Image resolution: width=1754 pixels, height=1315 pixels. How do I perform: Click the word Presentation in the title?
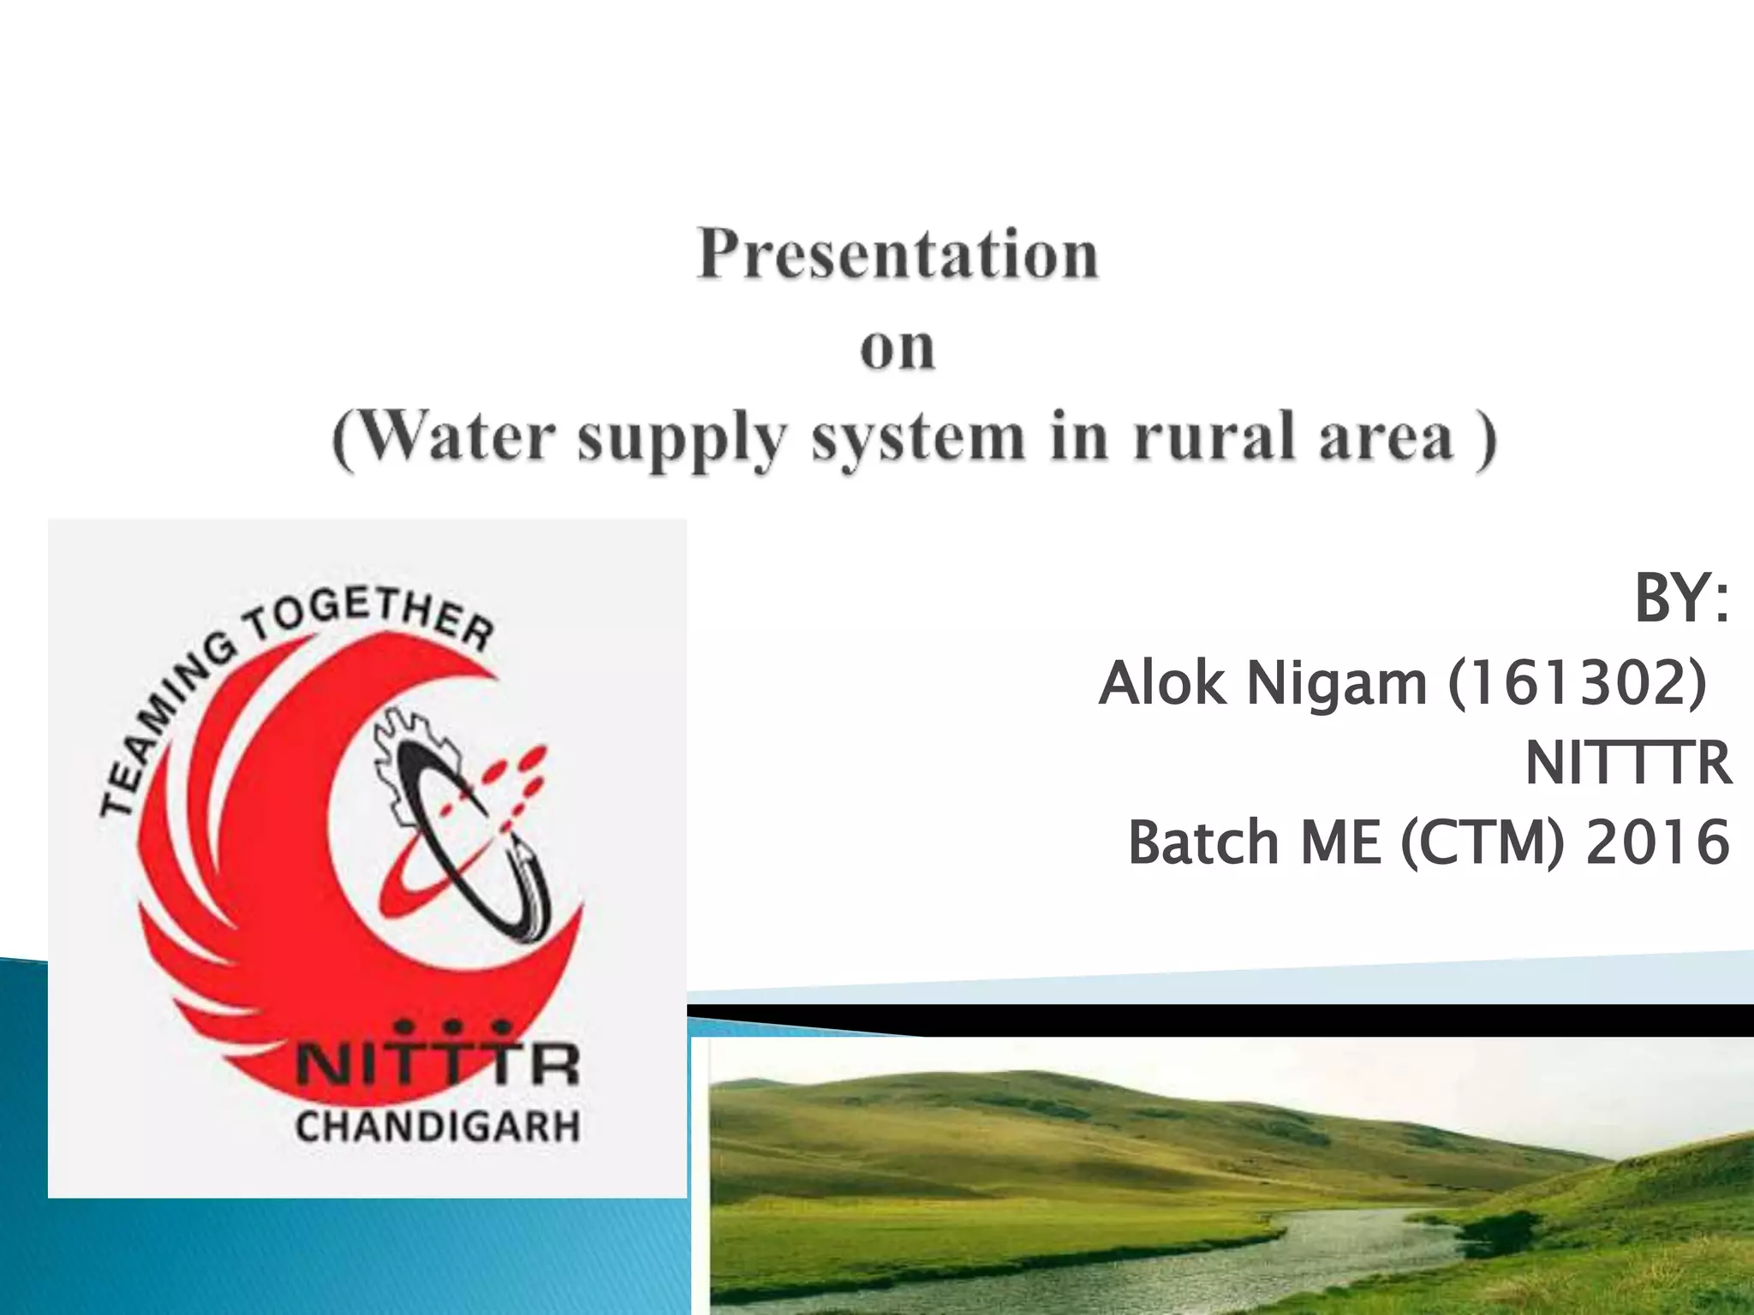point(897,255)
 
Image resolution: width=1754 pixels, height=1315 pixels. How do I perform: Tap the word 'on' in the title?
point(897,348)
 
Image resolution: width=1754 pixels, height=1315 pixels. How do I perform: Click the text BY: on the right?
point(1681,599)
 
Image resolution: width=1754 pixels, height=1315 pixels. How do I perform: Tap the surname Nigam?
point(1336,685)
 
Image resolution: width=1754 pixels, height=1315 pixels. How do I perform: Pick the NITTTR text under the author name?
point(1628,764)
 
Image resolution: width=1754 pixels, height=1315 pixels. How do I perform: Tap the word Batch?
point(1203,842)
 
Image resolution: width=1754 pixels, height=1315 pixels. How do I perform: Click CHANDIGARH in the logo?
point(438,1127)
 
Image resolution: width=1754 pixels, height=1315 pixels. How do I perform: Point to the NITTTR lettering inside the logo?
point(438,1066)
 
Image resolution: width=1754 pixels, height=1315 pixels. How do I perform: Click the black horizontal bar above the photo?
point(1285,1020)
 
